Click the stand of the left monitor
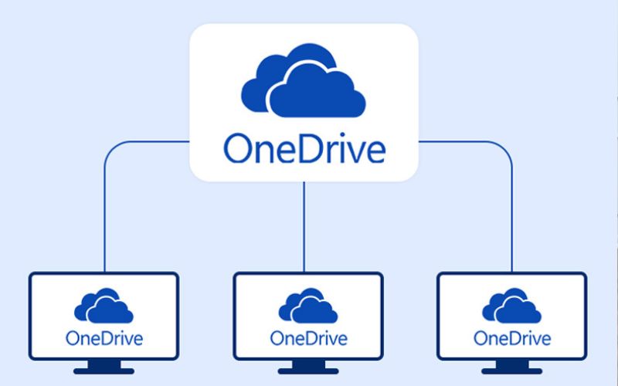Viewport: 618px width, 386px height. point(104,368)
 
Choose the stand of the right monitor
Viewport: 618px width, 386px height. point(511,368)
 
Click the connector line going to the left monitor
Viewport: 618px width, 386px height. point(104,216)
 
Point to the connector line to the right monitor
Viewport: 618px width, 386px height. point(512,216)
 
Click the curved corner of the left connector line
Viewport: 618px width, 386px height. point(109,147)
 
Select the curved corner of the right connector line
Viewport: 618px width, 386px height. point(507,147)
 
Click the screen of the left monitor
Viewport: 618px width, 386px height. point(104,317)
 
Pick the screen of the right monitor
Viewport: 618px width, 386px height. point(511,317)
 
